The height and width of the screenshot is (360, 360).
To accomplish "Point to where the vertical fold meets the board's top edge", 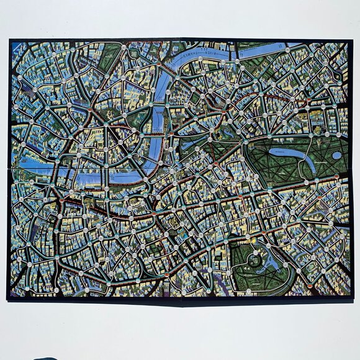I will click(x=179, y=40).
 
